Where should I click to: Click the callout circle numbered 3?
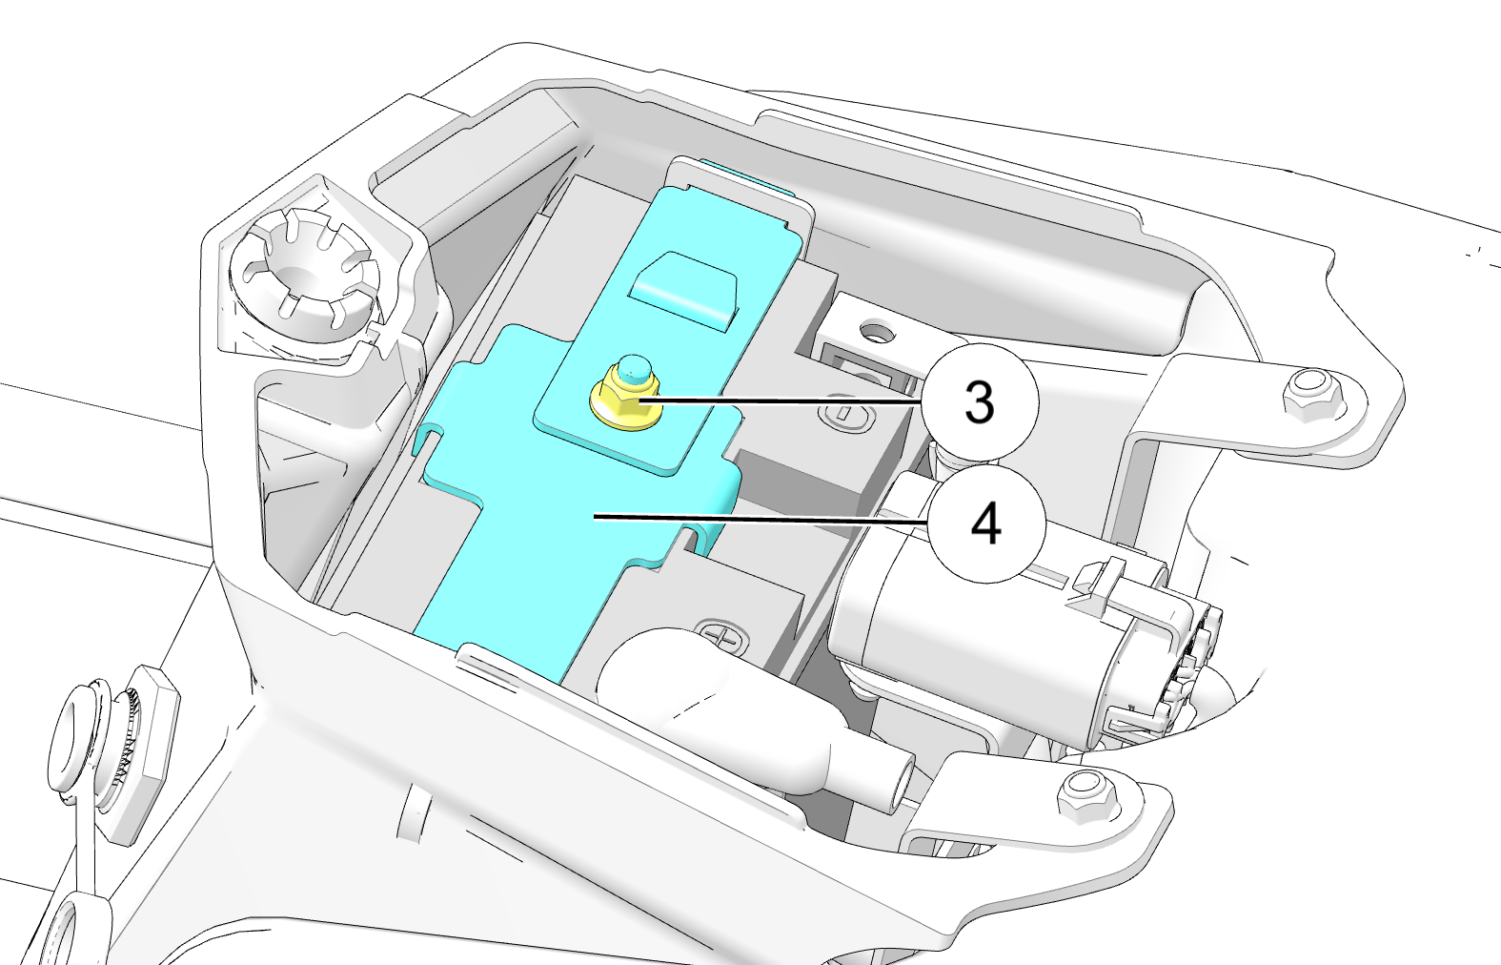pyautogui.click(x=980, y=401)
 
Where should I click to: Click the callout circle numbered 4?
pyautogui.click(x=985, y=524)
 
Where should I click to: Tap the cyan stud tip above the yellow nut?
pyautogui.click(x=631, y=366)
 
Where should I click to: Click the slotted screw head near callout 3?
pyautogui.click(x=847, y=413)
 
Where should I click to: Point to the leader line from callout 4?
pyautogui.click(x=762, y=519)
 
